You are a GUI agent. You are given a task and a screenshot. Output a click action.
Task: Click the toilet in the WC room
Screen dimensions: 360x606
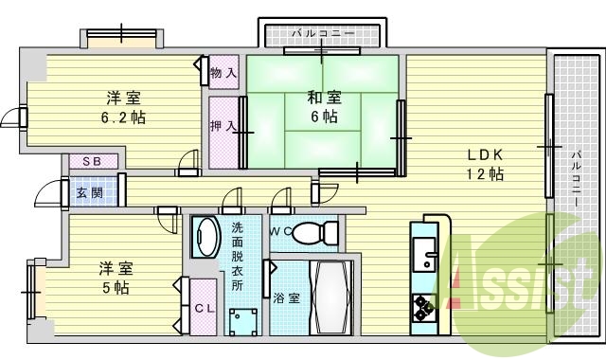pos(314,232)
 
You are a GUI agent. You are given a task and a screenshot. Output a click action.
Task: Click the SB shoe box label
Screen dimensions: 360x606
pos(92,162)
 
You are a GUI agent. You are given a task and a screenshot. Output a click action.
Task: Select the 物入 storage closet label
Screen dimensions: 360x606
pos(223,72)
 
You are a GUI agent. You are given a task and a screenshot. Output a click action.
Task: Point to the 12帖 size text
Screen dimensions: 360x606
pos(484,174)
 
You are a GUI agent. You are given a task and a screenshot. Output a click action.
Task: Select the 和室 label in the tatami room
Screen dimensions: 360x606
pos(323,97)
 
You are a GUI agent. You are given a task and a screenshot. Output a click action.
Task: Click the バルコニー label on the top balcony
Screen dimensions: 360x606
pos(323,33)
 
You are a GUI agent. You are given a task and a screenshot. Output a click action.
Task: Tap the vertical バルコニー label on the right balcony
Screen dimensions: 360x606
pos(577,180)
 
